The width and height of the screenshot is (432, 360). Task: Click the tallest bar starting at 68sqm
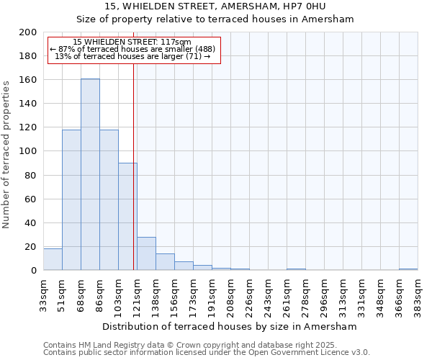90,174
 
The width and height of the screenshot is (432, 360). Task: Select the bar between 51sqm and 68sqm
71,199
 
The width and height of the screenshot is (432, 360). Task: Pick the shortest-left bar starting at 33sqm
53,259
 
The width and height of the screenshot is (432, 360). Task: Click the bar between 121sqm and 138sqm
146,253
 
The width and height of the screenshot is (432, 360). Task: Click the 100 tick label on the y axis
28,151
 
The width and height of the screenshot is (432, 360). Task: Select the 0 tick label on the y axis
33,270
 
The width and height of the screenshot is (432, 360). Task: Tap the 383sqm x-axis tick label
418,294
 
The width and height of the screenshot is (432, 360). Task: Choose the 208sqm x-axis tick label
231,294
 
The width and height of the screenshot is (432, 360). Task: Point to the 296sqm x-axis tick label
325,294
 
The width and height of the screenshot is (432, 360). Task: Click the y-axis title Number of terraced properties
6,154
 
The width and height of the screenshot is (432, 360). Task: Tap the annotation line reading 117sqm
132,42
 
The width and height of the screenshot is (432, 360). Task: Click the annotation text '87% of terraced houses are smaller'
132,49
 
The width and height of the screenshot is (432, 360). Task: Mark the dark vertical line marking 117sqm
133,166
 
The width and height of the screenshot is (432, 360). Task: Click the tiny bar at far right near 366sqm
408,269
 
